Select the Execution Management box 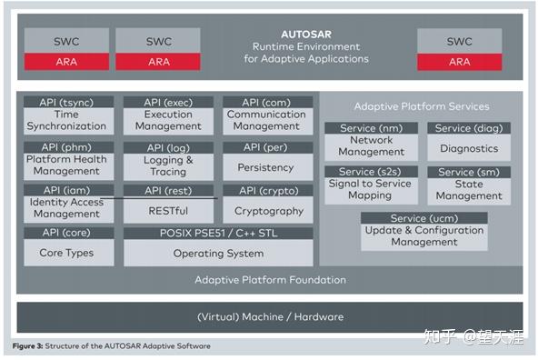168,120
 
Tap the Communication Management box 266,120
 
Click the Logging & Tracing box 168,165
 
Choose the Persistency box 266,167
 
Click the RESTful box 168,210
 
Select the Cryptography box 266,210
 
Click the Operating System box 218,253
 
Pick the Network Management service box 372,146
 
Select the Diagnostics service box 469,148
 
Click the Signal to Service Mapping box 372,189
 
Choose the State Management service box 469,189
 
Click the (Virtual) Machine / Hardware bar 270,316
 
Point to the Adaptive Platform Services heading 421,106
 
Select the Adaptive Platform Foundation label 270,280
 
